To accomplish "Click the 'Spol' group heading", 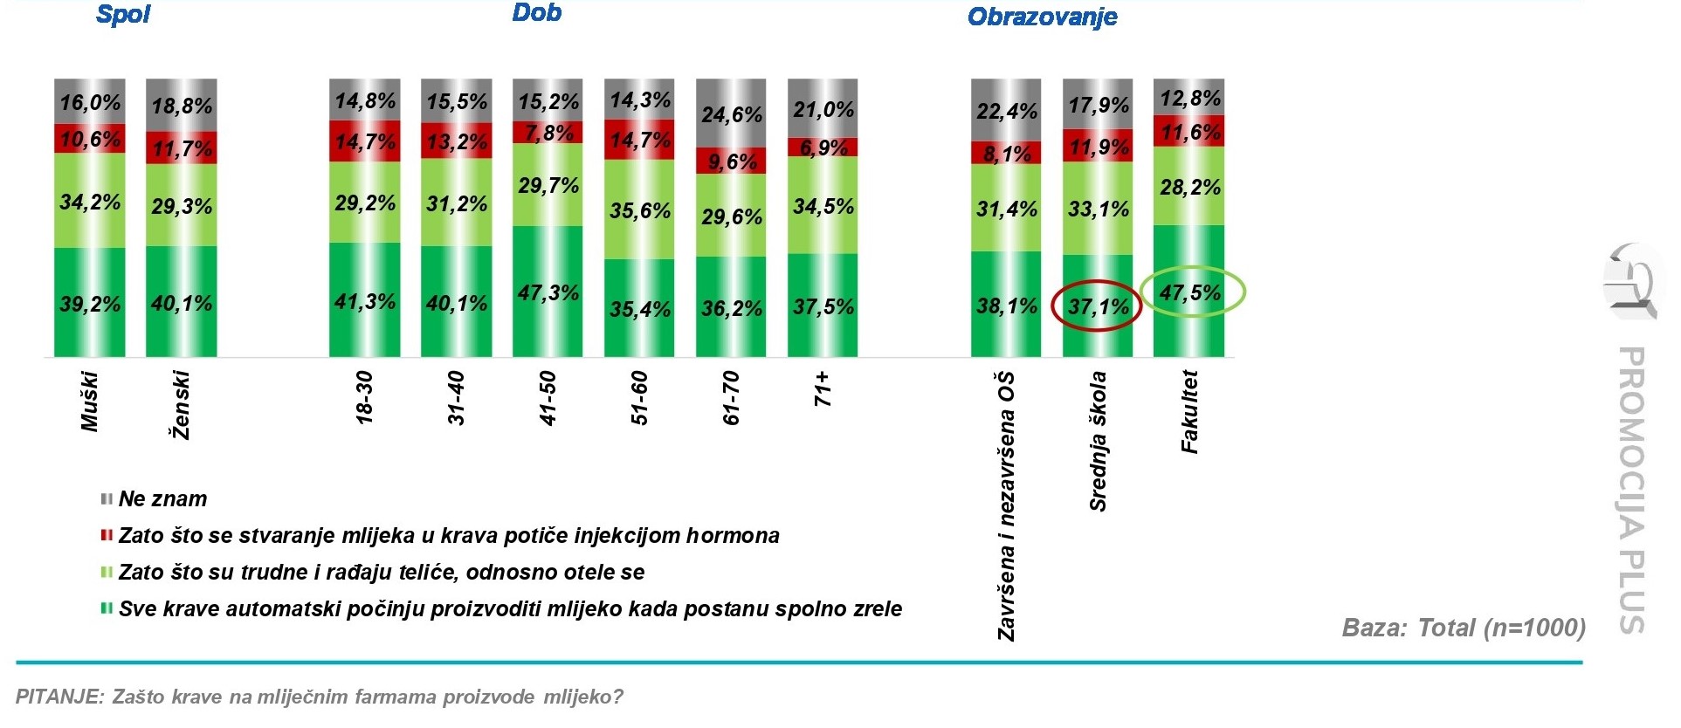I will [123, 15].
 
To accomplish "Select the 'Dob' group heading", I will [536, 13].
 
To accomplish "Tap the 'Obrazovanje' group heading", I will [1042, 17].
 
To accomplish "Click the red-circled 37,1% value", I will [1098, 306].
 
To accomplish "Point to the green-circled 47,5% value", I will [1191, 292].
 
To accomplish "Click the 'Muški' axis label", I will [90, 402].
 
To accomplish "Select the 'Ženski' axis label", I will [181, 405].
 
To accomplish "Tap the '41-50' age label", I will [548, 398].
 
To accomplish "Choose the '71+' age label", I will [823, 389].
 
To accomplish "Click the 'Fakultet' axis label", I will [1189, 411].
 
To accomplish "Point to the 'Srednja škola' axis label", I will [1098, 441].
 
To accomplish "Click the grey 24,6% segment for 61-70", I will [731, 113].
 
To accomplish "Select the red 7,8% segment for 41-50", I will [548, 133].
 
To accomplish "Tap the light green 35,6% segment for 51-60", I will [639, 209].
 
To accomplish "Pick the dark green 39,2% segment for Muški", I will [90, 303].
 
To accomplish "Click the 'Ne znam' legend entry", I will [162, 499].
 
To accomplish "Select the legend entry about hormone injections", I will [448, 536].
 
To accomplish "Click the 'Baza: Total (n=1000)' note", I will [1463, 628].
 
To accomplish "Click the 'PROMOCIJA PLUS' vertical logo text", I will [1631, 489].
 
